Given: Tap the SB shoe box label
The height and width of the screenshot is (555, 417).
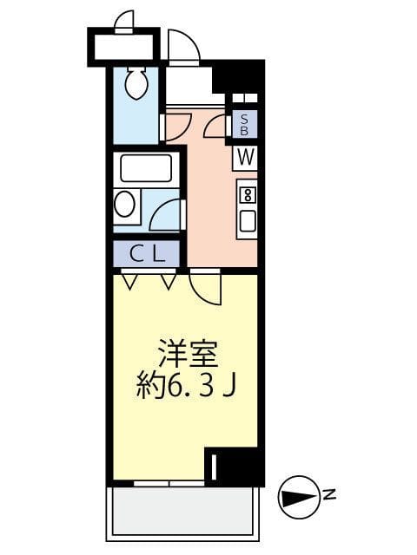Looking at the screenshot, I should pyautogui.click(x=244, y=125).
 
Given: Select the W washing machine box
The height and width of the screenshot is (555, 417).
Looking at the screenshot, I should pyautogui.click(x=244, y=158).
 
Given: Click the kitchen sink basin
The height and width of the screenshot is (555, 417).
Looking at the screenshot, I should pyautogui.click(x=247, y=221).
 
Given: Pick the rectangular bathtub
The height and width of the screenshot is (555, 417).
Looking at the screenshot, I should pyautogui.click(x=145, y=167).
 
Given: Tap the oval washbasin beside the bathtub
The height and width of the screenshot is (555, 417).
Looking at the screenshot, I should pyautogui.click(x=126, y=205).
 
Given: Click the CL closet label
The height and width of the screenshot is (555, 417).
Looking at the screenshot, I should pyautogui.click(x=146, y=254).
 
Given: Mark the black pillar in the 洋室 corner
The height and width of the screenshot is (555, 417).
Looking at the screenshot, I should pyautogui.click(x=235, y=467).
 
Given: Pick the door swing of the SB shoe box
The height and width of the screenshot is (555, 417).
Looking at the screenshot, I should pyautogui.click(x=215, y=127).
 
